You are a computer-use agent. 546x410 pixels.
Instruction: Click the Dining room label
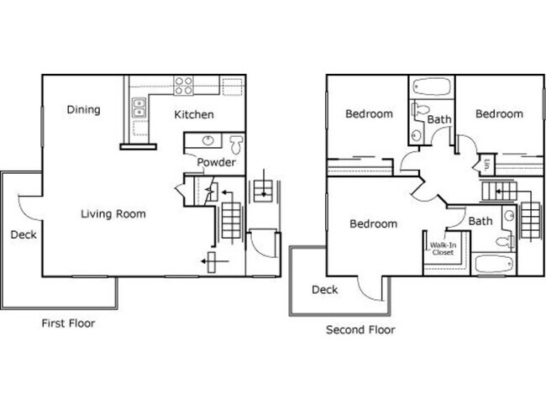tap(84, 110)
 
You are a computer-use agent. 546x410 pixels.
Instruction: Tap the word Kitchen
tap(194, 114)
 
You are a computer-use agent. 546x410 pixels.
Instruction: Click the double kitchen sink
tap(139, 108)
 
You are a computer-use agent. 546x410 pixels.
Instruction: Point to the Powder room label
tap(216, 162)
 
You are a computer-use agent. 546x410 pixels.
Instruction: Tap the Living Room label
tap(113, 213)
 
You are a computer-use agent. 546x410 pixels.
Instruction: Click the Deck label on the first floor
tap(23, 234)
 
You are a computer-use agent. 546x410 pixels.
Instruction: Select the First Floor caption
tap(68, 323)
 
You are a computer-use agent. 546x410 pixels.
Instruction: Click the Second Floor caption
tap(360, 329)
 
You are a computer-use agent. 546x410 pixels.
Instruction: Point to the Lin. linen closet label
tap(487, 163)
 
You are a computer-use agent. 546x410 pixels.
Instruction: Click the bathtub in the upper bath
tap(433, 87)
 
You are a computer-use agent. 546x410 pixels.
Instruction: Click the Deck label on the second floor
tap(324, 289)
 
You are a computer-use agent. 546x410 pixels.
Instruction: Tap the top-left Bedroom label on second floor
tap(369, 113)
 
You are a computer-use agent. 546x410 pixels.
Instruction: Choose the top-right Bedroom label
tap(499, 113)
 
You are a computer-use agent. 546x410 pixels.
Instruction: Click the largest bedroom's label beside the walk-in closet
tap(373, 223)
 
